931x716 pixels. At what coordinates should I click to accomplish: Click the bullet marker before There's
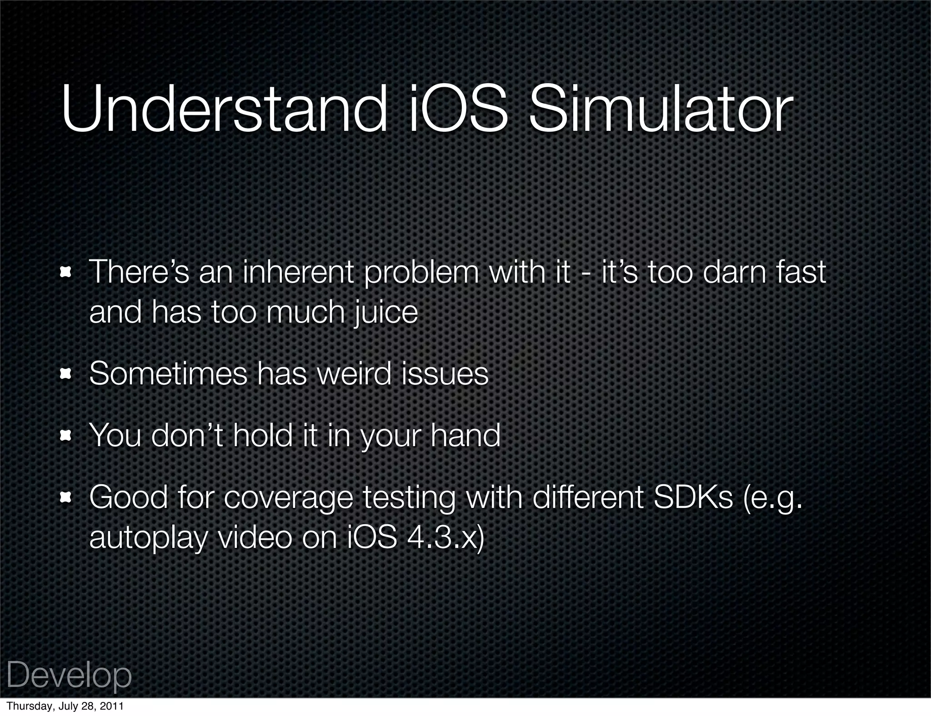(66, 273)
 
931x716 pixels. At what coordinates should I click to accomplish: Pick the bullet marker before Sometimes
(66, 374)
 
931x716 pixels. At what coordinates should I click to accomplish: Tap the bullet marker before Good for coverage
(66, 498)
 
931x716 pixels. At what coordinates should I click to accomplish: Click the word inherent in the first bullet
(298, 273)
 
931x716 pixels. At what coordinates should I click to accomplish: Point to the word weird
(354, 374)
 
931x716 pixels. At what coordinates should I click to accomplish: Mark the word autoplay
(148, 539)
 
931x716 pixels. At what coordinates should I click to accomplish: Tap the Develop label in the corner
(69, 676)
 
